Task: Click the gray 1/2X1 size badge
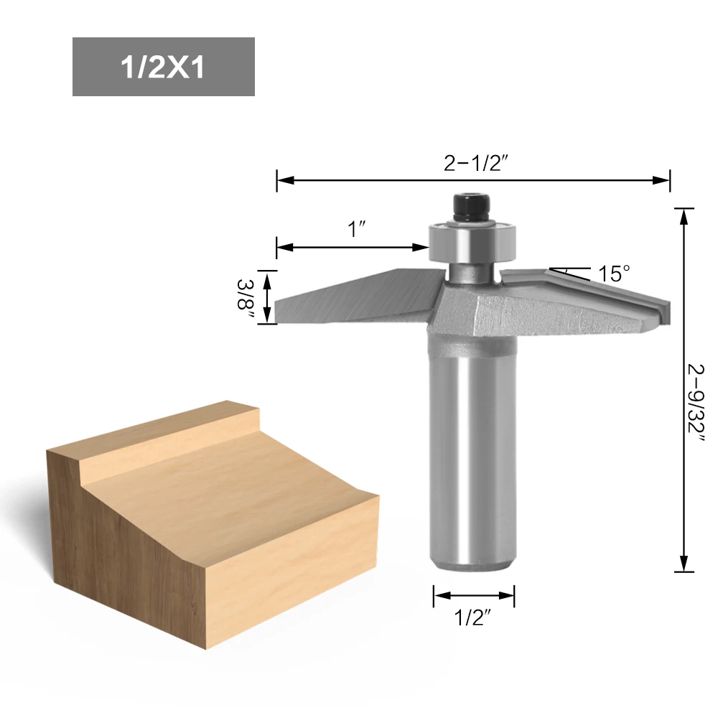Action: (x=164, y=67)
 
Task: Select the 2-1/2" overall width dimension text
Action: (x=476, y=163)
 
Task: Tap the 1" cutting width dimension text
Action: (x=357, y=229)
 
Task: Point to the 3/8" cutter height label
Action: (x=246, y=294)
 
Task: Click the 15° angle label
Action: (x=614, y=274)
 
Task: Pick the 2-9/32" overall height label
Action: (x=696, y=403)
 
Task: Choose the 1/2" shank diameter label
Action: (x=472, y=617)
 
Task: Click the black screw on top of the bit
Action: (x=472, y=208)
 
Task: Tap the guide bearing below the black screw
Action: (x=472, y=243)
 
